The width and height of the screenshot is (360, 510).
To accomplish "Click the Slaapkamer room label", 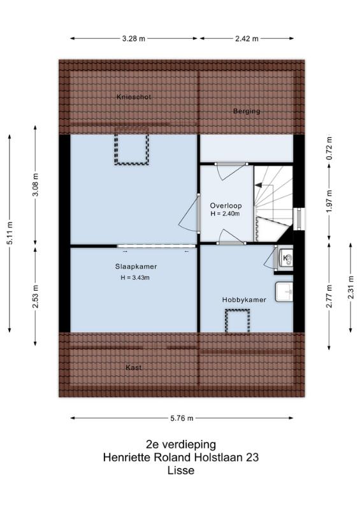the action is (136, 266).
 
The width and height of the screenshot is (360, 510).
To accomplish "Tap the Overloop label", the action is (226, 205).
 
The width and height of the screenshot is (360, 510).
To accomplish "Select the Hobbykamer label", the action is (244, 300).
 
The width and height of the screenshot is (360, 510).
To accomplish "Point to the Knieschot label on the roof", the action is (134, 97).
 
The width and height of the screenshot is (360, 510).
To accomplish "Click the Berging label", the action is (247, 111).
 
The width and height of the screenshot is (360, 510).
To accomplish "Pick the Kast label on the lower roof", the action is (134, 368).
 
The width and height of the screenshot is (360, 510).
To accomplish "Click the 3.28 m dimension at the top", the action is (134, 38).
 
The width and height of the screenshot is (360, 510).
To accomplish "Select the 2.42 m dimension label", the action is (247, 38).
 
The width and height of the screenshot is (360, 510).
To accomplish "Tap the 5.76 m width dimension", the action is (182, 418).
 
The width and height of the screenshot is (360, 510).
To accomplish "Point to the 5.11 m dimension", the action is (10, 233).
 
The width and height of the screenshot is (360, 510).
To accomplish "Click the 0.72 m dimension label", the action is (329, 149).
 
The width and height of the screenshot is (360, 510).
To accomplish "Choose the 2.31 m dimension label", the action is (350, 288).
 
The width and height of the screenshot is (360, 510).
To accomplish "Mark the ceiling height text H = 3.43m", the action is (135, 278).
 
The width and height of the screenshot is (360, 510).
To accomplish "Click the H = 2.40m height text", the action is (225, 214).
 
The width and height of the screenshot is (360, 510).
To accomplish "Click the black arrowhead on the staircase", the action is (259, 185).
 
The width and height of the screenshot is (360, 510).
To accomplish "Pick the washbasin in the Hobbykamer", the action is (284, 292).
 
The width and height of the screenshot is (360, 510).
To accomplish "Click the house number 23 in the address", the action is (252, 457).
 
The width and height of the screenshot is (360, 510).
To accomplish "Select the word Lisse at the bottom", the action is (181, 470).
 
